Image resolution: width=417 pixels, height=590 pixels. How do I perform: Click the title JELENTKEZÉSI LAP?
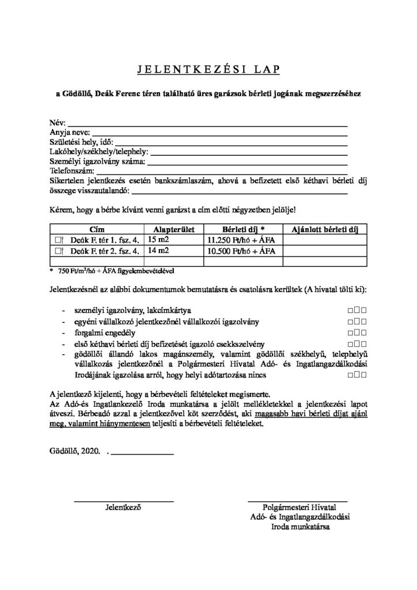(208, 69)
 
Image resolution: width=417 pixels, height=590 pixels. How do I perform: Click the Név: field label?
(58, 123)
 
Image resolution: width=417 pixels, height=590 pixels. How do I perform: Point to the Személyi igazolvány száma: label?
(95, 161)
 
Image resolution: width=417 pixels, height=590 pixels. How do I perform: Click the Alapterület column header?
(168, 229)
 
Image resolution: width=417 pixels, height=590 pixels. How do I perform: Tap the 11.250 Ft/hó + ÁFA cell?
(241, 240)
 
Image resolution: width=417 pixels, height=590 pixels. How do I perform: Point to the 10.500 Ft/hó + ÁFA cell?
(241, 251)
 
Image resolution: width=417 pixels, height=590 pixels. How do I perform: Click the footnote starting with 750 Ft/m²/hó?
(115, 270)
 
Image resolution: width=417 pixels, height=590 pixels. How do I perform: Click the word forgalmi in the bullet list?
(87, 332)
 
